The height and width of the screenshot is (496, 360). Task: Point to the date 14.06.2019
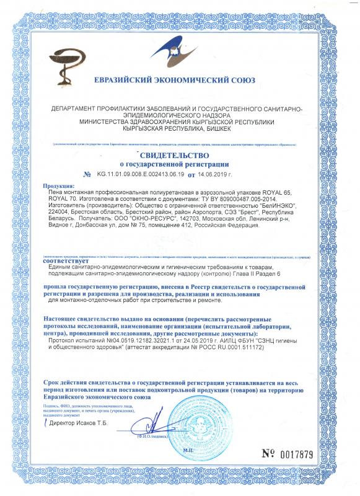221,175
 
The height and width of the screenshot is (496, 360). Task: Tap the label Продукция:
59,186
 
